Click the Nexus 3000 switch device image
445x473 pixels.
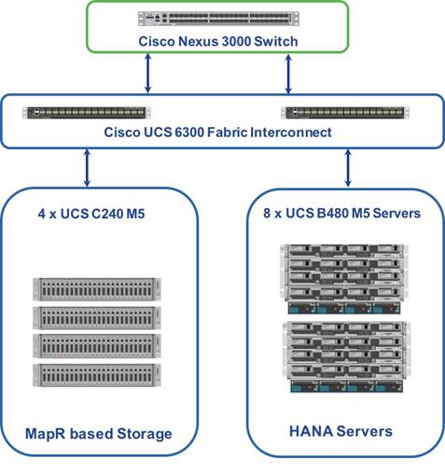[218, 19]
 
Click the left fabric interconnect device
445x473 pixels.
[87, 113]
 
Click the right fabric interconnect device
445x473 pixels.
[345, 113]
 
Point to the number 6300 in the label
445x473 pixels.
[188, 132]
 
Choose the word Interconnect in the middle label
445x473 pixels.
[291, 132]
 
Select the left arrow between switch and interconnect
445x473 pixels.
[148, 74]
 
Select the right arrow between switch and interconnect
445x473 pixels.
[288, 74]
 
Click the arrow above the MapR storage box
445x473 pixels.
[88, 168]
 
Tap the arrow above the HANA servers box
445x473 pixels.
[348, 168]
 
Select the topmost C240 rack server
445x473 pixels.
[97, 289]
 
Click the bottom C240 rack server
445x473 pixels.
[97, 375]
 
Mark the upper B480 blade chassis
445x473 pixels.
[343, 279]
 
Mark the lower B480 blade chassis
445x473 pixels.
[346, 357]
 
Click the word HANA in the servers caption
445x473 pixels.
[311, 431]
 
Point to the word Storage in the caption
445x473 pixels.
[145, 435]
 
